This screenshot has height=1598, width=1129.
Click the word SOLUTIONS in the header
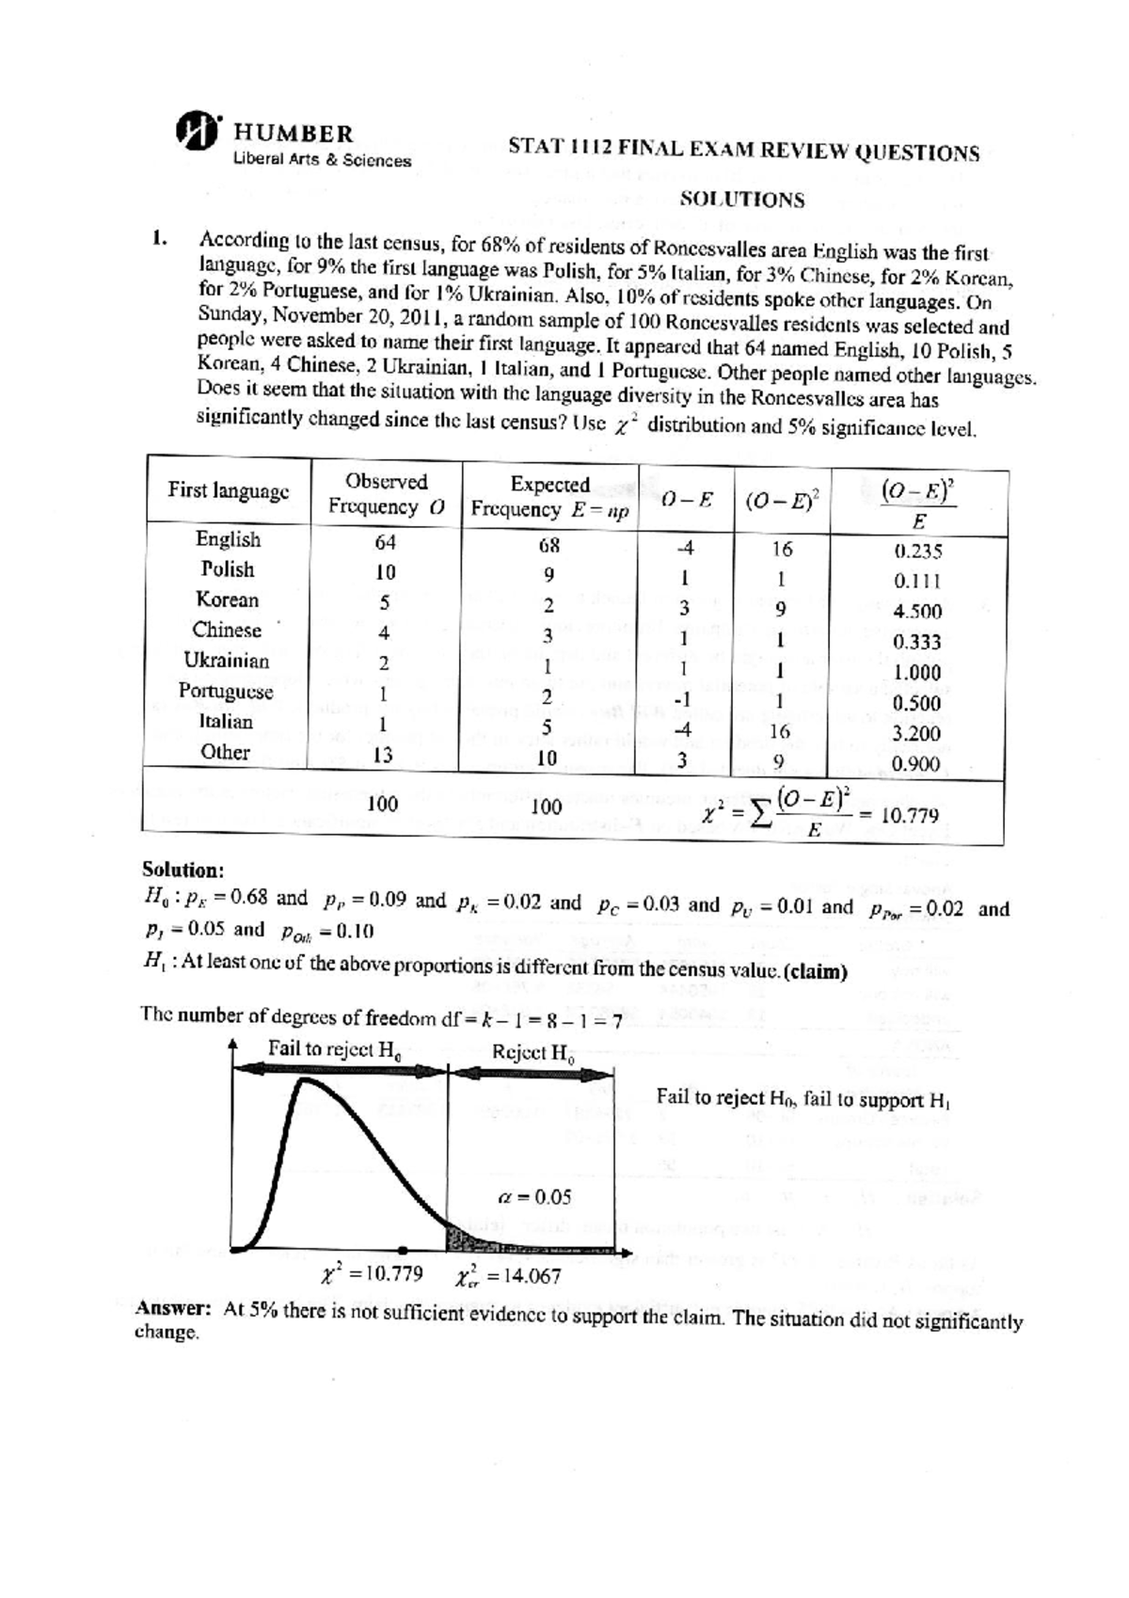click(742, 200)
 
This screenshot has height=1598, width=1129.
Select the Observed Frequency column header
click(386, 494)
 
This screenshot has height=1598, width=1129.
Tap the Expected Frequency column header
click(550, 497)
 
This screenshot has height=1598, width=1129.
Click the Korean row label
click(227, 599)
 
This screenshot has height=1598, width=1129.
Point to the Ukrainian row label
click(227, 661)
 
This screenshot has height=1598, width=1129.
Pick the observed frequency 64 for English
click(385, 542)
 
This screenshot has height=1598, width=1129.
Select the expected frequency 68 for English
click(549, 545)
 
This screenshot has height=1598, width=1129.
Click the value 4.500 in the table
click(917, 611)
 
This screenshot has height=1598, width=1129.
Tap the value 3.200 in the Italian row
click(917, 733)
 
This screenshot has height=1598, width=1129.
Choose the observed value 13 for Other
click(383, 755)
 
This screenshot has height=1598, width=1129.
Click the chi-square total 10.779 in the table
click(909, 815)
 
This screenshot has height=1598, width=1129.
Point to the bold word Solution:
click(183, 869)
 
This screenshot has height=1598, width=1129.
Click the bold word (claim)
click(815, 971)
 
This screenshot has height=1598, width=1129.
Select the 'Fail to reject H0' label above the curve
click(335, 1049)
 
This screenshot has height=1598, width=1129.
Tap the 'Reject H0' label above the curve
click(533, 1052)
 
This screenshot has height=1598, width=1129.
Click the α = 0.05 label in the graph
click(533, 1197)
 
